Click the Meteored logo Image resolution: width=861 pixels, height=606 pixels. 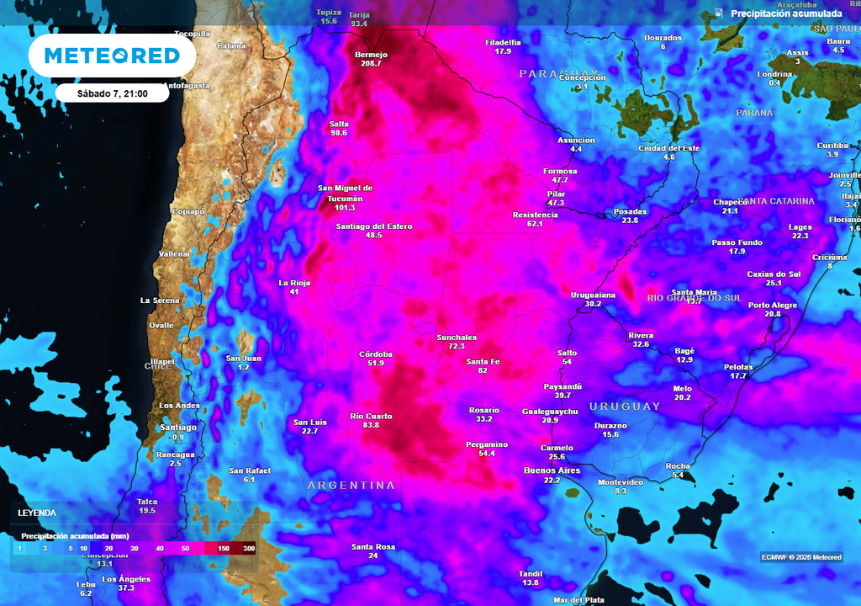point(112,56)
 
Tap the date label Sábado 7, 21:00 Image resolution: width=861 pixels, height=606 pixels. point(112,93)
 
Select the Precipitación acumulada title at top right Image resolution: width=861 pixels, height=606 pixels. point(786,13)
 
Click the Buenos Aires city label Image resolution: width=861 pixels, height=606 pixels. point(552,470)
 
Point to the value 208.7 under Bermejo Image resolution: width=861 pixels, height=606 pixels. point(371,64)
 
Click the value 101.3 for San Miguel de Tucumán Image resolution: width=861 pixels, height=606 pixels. point(345,207)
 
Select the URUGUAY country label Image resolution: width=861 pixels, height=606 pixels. point(625,407)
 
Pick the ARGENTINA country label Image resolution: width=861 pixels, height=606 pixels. point(351,486)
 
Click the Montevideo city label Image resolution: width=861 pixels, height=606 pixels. point(621,481)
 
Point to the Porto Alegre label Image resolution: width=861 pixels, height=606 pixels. point(772,305)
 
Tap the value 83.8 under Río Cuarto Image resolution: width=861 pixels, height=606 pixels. point(371,426)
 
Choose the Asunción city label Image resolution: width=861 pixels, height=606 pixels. point(576,140)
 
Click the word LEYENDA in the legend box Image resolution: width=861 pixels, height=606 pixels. point(37,512)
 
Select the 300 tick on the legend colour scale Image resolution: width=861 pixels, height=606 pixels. point(249,549)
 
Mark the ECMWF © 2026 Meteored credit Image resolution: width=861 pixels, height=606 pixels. point(801,556)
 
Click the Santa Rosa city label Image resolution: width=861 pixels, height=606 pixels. point(373,547)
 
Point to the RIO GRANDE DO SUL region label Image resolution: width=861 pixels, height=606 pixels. point(695,298)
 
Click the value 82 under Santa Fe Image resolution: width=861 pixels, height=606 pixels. point(483,370)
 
